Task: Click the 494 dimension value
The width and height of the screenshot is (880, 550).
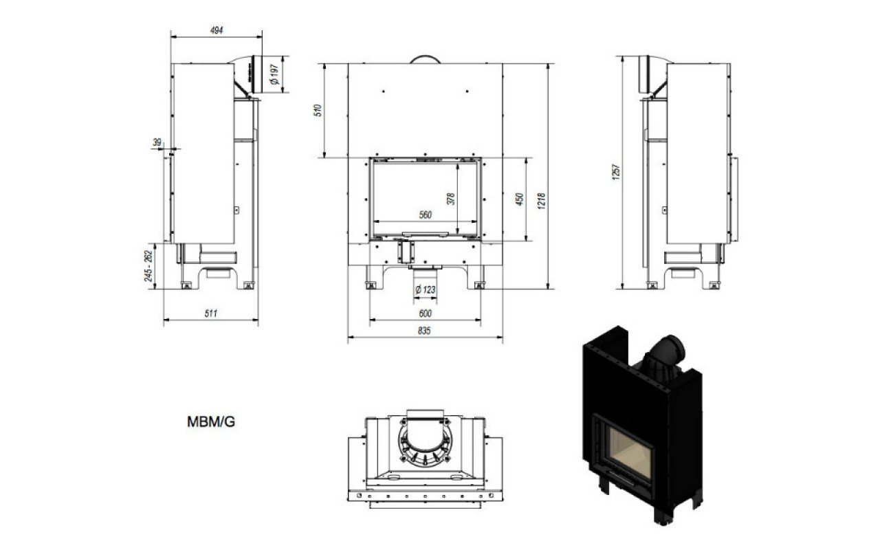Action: click(x=217, y=30)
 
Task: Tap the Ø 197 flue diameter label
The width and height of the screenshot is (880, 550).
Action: click(x=274, y=75)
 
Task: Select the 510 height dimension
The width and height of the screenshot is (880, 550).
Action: click(x=318, y=111)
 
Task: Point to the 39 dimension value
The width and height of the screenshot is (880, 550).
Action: click(x=157, y=142)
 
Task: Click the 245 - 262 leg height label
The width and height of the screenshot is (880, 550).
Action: click(x=148, y=266)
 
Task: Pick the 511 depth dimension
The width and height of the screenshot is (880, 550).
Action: click(x=210, y=313)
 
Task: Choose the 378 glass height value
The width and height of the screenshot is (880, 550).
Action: click(x=451, y=199)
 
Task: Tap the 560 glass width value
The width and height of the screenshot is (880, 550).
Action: click(x=425, y=215)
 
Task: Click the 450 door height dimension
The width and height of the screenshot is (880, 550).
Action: click(x=519, y=199)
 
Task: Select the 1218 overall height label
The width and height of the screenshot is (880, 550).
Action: click(x=541, y=201)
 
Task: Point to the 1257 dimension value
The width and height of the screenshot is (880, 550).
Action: click(x=616, y=172)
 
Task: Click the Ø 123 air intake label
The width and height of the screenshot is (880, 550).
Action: click(x=426, y=290)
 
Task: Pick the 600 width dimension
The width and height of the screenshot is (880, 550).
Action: click(x=425, y=313)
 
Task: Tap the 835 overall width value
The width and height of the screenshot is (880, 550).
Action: click(x=424, y=331)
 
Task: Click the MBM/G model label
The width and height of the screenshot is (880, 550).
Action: click(x=211, y=422)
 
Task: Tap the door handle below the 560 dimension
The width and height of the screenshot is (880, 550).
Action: click(x=426, y=234)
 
